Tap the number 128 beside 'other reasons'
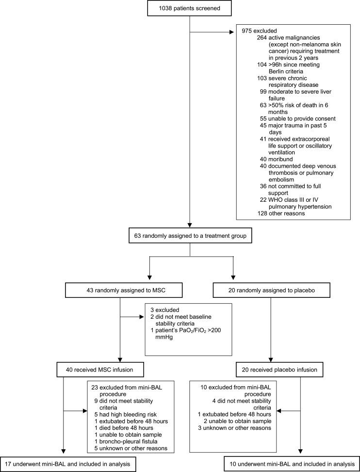click(x=264, y=213)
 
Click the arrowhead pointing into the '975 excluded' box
click(x=232, y=33)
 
